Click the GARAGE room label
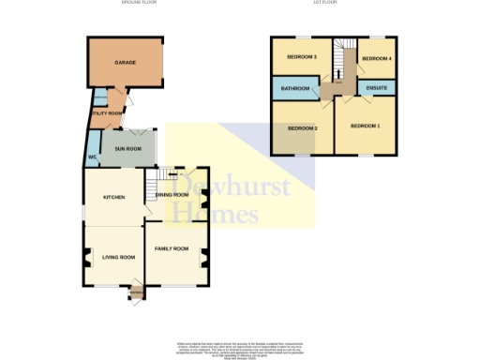[x=125, y=63]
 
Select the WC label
[x=92, y=156]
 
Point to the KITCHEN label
[x=112, y=196]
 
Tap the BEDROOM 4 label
[x=375, y=58]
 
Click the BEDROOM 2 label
[x=303, y=127]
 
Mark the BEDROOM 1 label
[x=366, y=126]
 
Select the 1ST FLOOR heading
[x=324, y=3]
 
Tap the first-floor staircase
[x=343, y=66]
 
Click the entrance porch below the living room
[x=137, y=293]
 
